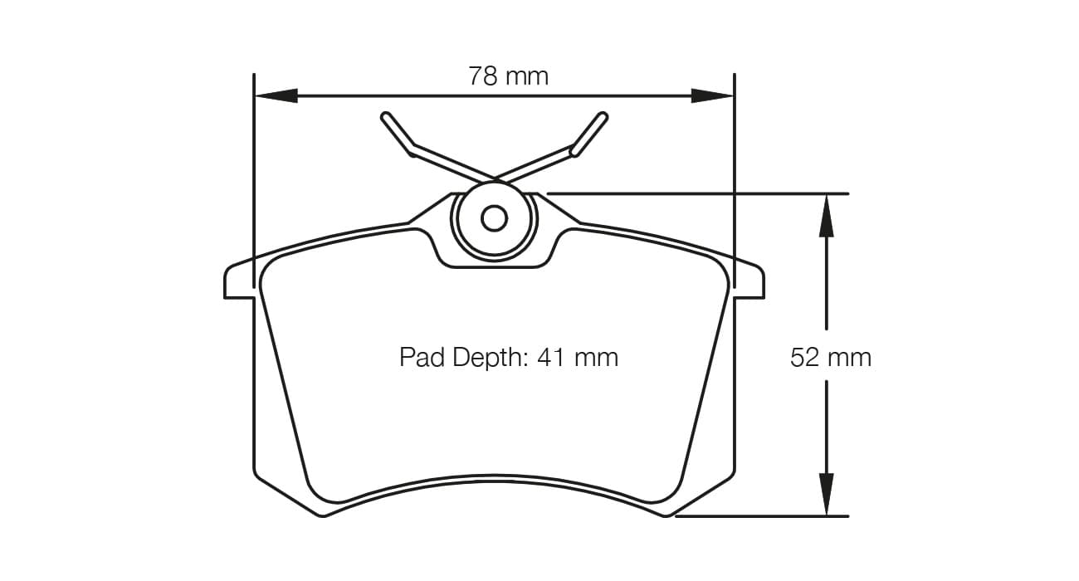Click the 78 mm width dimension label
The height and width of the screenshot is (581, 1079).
(x=508, y=76)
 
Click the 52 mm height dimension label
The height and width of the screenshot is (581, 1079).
(x=830, y=358)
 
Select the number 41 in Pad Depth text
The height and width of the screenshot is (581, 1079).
(x=551, y=358)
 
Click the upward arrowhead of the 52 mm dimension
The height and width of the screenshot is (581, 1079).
(x=826, y=215)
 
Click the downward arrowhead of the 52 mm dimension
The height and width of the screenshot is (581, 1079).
(x=826, y=494)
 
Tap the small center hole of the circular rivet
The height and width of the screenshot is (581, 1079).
(x=494, y=218)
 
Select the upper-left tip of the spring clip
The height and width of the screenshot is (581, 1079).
(x=386, y=116)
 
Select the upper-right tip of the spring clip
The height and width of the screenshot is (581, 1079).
(x=603, y=117)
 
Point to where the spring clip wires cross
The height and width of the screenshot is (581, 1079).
(x=494, y=178)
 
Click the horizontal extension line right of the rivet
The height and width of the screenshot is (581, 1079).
(x=697, y=193)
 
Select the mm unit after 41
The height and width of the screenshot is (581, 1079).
(x=597, y=358)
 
